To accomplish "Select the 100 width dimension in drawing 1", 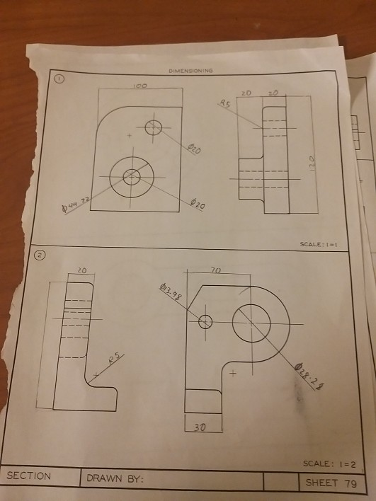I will [x=139, y=85].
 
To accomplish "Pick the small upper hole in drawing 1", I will [x=154, y=128].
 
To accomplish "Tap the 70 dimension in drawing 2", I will [x=217, y=270].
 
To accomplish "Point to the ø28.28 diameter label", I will [x=312, y=378].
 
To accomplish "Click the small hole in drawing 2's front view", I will [x=205, y=321].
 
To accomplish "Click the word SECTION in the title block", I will [x=29, y=476].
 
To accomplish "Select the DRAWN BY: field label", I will [x=115, y=479].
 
